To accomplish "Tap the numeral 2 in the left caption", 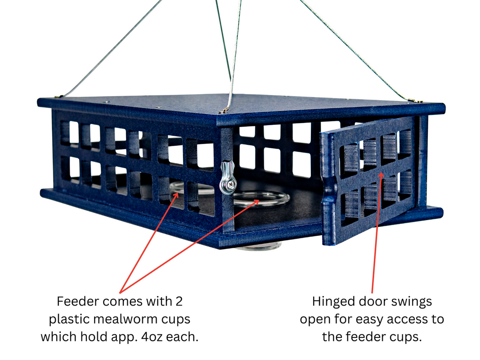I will [179, 302].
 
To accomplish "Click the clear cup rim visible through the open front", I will [261, 198].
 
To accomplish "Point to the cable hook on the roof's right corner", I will [411, 101].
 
